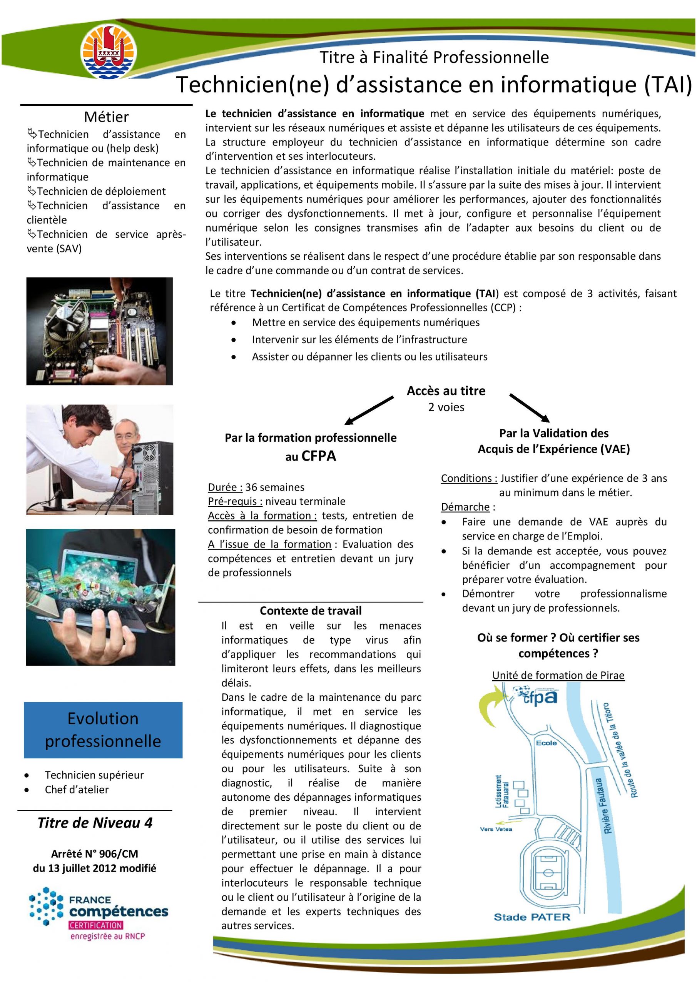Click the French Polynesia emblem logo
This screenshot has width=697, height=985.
(109, 52)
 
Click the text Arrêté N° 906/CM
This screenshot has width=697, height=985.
(94, 854)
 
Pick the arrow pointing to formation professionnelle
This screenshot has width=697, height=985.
(369, 410)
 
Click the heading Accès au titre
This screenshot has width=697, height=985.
(446, 391)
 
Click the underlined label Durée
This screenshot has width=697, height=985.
(225, 487)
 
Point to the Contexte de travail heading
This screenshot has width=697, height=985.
(310, 611)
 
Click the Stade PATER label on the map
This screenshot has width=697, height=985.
(532, 917)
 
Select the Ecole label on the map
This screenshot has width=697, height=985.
(547, 743)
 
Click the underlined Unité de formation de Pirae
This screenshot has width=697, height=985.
(558, 675)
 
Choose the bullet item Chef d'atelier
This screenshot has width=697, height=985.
(76, 790)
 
